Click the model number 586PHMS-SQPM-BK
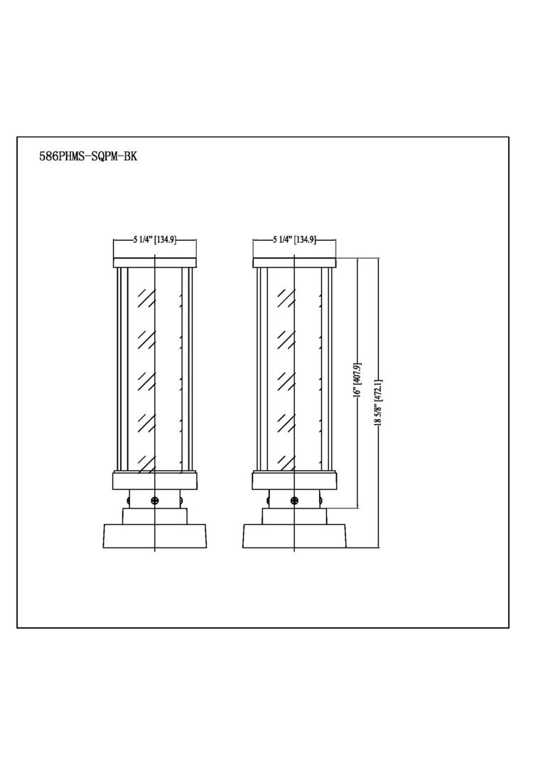point(87,157)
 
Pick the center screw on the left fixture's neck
point(155,501)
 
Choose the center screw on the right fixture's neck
point(294,501)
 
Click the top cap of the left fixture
point(155,263)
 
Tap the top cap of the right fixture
point(294,263)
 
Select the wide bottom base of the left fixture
point(155,536)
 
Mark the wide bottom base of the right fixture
point(294,536)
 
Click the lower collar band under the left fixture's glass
point(155,482)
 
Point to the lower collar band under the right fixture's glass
point(294,482)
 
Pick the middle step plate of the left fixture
point(155,516)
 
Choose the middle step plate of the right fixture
point(294,516)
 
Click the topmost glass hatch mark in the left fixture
point(146,298)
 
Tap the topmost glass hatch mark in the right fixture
point(286,298)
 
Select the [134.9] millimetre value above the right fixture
point(305,240)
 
